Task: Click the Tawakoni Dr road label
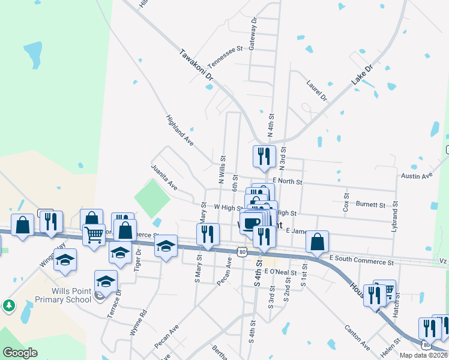point(197,65)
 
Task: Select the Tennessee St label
point(224,57)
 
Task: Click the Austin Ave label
point(417,176)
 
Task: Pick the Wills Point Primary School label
point(63,295)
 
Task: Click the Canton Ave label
point(357,337)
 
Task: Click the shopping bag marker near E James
point(317,242)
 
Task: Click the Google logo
point(20,353)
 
